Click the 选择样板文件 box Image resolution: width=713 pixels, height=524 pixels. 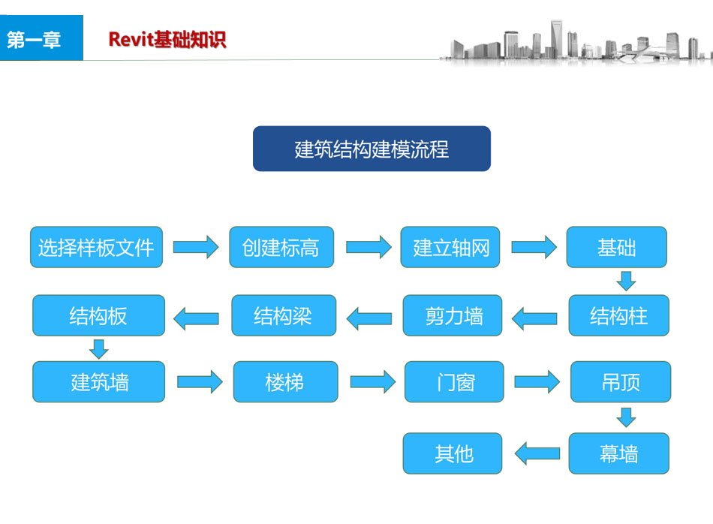pyautogui.click(x=96, y=247)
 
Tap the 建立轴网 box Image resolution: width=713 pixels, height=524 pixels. pyautogui.click(x=451, y=247)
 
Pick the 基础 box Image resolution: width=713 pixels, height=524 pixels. pyautogui.click(x=616, y=247)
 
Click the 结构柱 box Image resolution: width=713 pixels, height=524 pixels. pyautogui.click(x=618, y=315)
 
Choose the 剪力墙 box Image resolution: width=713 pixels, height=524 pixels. pyautogui.click(x=453, y=315)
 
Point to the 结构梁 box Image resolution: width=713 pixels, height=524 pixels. pyautogui.click(x=284, y=315)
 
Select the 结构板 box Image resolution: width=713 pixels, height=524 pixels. pyautogui.click(x=98, y=315)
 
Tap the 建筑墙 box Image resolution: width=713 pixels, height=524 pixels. pyautogui.click(x=98, y=382)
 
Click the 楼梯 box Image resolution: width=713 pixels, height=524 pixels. pyautogui.click(x=285, y=382)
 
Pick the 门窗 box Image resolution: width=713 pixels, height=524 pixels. pyautogui.click(x=455, y=382)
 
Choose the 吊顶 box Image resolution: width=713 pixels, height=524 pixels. pyautogui.click(x=621, y=382)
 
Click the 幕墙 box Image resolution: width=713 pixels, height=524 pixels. pyautogui.click(x=618, y=453)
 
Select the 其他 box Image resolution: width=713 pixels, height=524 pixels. pyautogui.click(x=453, y=453)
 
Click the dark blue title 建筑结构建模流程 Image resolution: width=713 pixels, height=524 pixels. pyautogui.click(x=372, y=149)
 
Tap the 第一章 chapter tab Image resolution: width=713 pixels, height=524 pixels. pyautogui.click(x=35, y=40)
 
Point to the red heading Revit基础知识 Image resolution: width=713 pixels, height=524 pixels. pyautogui.click(x=167, y=40)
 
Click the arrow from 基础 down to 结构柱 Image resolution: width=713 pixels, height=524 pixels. pyautogui.click(x=626, y=281)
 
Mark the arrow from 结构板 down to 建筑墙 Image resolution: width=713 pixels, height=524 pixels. pyautogui.click(x=98, y=348)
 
